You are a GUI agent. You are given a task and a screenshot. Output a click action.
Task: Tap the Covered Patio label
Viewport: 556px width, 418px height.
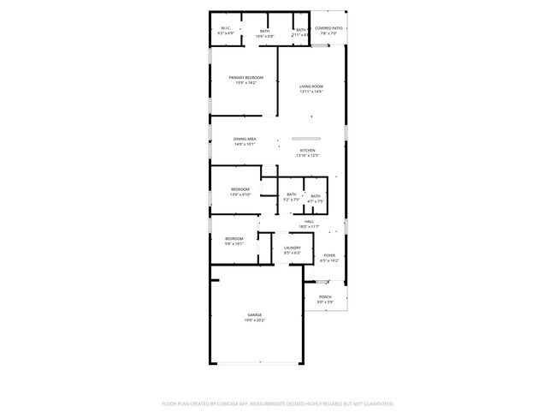tap(328, 28)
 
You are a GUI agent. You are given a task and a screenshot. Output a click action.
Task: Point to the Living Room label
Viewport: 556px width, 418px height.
tap(311, 87)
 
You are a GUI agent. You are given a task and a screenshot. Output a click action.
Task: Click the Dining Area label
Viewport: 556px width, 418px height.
tap(245, 139)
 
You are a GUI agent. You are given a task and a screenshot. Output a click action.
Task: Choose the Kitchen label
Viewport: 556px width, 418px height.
tap(307, 150)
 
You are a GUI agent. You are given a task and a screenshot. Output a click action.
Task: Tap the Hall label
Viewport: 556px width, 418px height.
tap(309, 221)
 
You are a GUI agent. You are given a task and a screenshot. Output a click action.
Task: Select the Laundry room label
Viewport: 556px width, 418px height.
tap(292, 248)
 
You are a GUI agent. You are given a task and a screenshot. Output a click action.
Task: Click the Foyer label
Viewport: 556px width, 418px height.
tap(329, 255)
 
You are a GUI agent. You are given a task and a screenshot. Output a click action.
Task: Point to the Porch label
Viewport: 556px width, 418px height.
tap(326, 296)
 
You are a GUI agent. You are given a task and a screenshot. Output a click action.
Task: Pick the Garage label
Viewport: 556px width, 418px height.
tap(255, 314)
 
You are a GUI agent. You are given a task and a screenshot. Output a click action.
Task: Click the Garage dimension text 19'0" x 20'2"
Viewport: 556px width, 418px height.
tap(255, 320)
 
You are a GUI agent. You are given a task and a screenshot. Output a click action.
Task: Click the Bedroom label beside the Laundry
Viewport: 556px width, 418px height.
tap(234, 238)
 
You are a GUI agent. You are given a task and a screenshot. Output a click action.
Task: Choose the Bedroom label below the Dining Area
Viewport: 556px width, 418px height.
tap(240, 189)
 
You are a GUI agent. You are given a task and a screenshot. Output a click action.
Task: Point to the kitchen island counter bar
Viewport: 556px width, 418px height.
tap(305, 139)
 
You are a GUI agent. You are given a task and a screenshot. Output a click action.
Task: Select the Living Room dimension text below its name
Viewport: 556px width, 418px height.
tap(311, 92)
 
